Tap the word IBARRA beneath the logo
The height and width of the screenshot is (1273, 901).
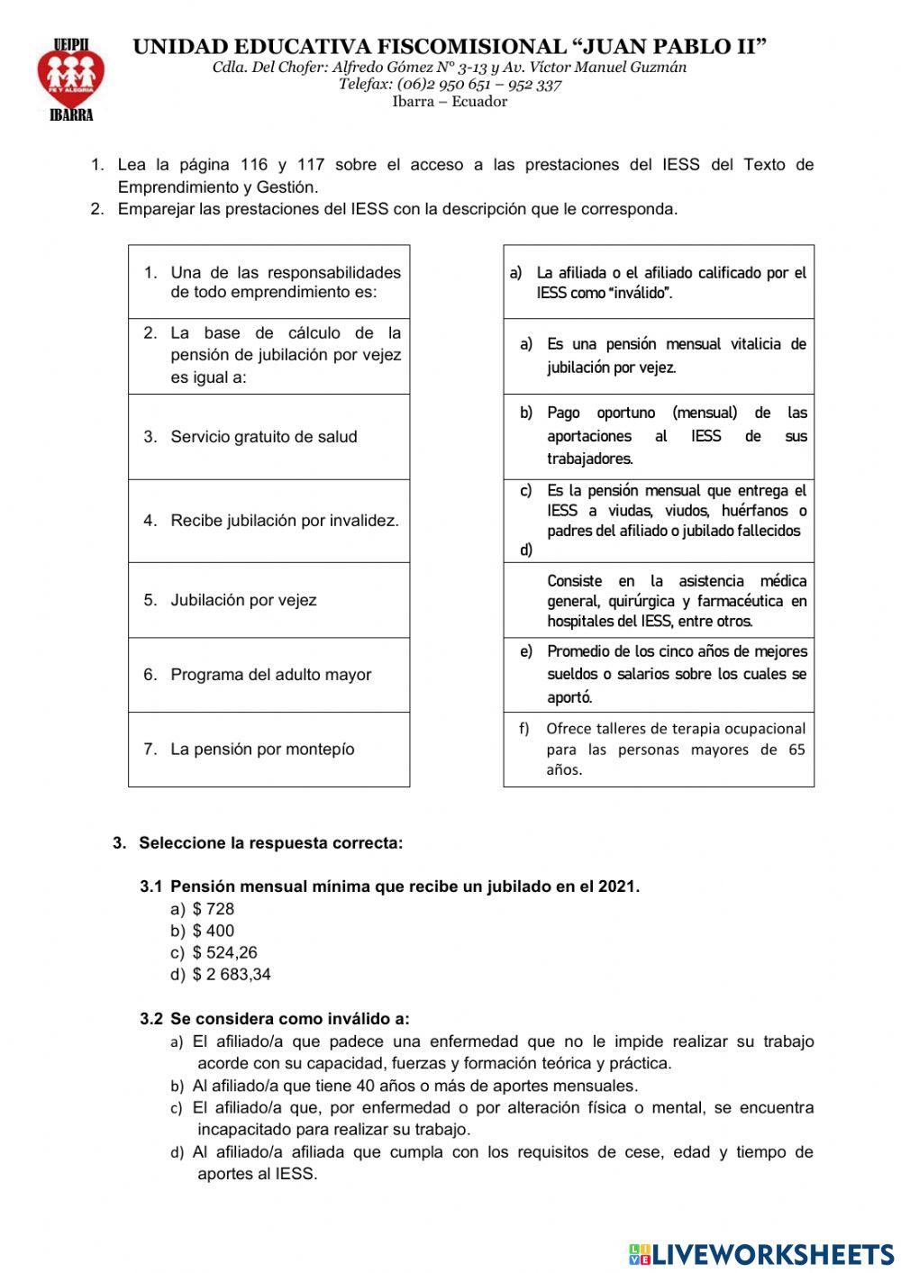point(70,115)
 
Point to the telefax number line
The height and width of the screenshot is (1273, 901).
point(450,85)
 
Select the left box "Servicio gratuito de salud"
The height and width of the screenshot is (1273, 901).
point(268,437)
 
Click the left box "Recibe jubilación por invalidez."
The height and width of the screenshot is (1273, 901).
point(268,521)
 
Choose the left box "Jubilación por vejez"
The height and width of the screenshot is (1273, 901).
point(268,600)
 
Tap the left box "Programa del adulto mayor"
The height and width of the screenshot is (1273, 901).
point(268,675)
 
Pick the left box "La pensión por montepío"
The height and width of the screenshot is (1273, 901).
point(268,750)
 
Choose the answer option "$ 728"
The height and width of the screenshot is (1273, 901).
point(213,909)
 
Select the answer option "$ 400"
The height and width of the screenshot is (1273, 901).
point(213,931)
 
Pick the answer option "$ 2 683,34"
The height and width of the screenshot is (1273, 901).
point(231,974)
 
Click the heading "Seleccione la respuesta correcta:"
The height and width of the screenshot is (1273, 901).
point(270,843)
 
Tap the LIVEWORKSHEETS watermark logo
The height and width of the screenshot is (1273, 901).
point(761,1253)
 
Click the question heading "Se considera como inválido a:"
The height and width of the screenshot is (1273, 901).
point(288,1019)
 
